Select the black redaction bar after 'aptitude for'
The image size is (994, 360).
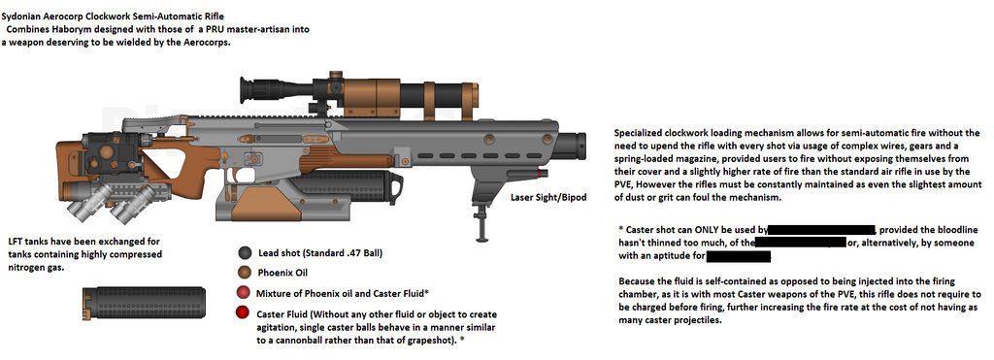[x=738, y=256]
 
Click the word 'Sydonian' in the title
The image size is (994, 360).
[x=28, y=16]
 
